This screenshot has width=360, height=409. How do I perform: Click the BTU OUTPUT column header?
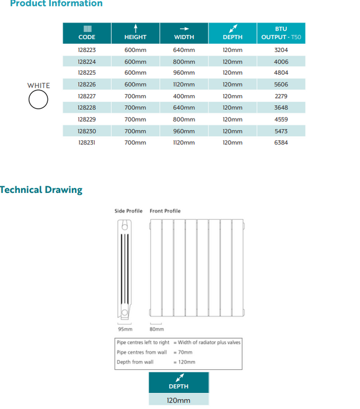click(281, 33)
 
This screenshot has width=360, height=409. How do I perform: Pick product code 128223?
click(86, 50)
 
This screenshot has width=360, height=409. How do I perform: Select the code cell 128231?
click(86, 143)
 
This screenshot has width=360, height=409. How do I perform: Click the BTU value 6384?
click(281, 143)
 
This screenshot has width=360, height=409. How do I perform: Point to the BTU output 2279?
click(281, 96)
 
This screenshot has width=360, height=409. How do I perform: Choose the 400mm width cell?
click(184, 96)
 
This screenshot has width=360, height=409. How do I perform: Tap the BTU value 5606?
click(281, 85)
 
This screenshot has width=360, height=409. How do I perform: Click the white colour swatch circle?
click(39, 100)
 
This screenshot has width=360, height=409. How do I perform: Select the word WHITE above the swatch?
click(39, 86)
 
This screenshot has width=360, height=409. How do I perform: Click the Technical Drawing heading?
click(41, 190)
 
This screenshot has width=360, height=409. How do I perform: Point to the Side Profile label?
click(128, 211)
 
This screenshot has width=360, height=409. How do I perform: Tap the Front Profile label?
click(165, 211)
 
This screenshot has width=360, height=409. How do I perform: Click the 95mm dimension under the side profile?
click(125, 329)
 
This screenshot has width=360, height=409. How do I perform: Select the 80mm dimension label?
click(157, 329)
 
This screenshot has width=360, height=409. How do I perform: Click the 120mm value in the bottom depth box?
click(178, 400)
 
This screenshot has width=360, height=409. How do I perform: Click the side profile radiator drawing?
click(124, 269)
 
